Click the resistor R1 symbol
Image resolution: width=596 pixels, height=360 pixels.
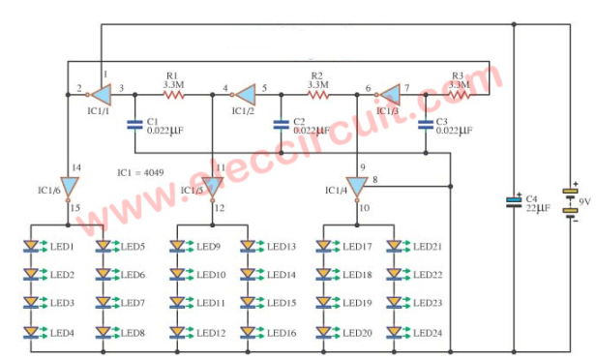click(x=174, y=95)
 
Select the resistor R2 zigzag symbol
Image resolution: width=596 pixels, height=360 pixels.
click(x=318, y=95)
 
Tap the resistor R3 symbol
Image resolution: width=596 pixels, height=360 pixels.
click(x=460, y=95)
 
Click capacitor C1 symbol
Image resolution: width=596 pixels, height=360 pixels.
click(x=134, y=123)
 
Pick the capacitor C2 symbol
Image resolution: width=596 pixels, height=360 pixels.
click(x=281, y=123)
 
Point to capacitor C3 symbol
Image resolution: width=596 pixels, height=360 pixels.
click(x=425, y=123)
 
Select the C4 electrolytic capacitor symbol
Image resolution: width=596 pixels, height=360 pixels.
click(x=513, y=201)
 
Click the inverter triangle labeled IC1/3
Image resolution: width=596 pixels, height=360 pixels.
click(x=389, y=94)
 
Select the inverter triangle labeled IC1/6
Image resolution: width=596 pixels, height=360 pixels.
click(x=68, y=185)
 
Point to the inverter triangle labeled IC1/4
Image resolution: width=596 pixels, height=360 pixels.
click(x=357, y=185)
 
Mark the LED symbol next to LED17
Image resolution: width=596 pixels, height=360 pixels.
click(x=323, y=247)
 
